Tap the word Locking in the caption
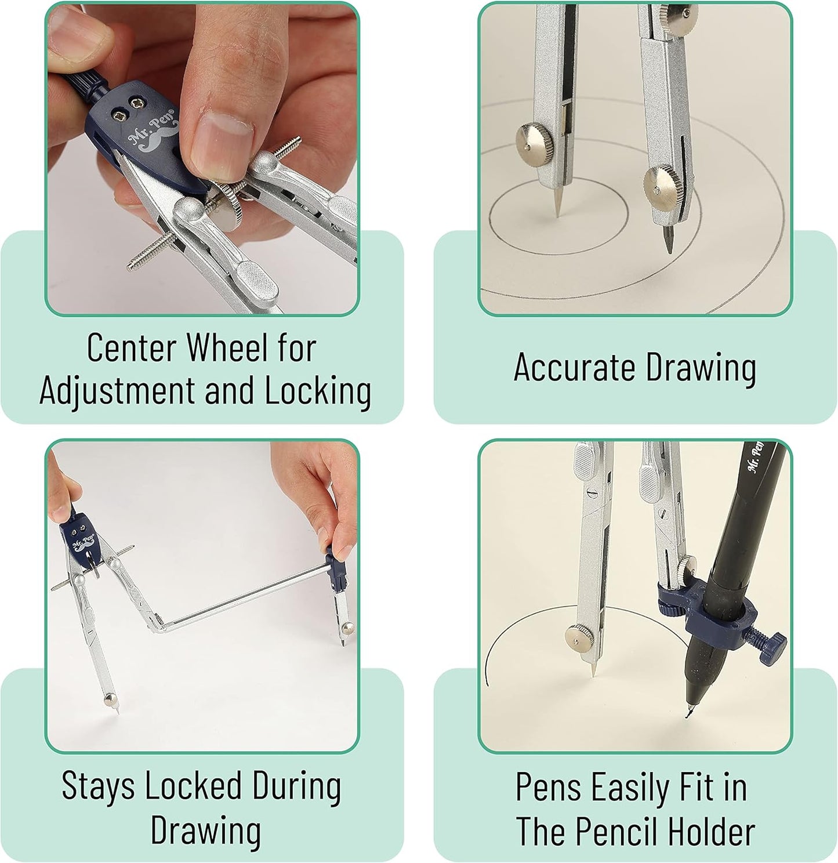318,391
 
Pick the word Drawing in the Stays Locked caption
206,831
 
